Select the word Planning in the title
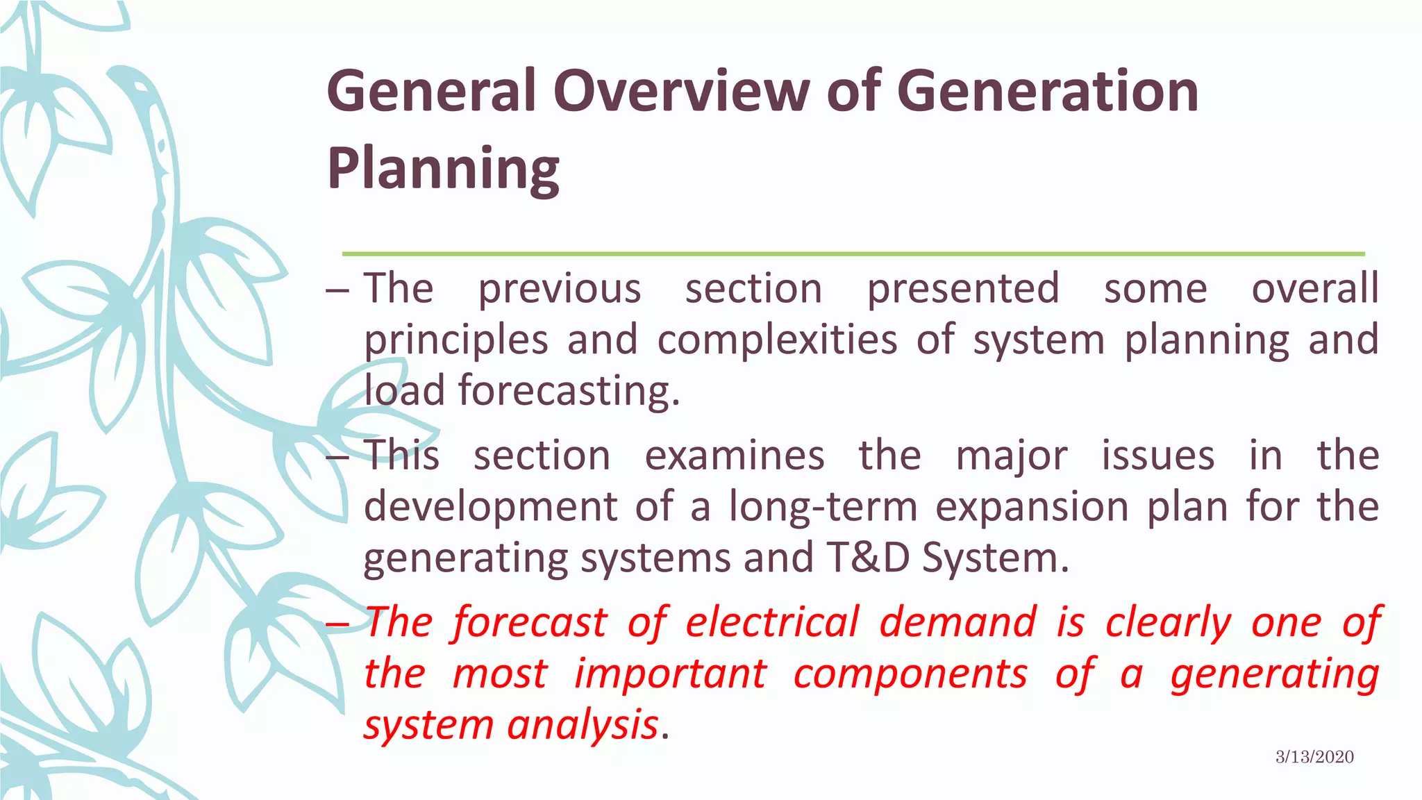pyautogui.click(x=443, y=169)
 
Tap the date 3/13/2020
pyautogui.click(x=1314, y=757)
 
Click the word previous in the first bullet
pyautogui.click(x=560, y=289)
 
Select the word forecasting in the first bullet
pyautogui.click(x=568, y=391)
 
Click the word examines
pyautogui.click(x=735, y=456)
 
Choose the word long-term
pyautogui.click(x=823, y=507)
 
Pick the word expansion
pyautogui.click(x=1032, y=507)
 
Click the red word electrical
pyautogui.click(x=772, y=622)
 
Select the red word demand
pyautogui.click(x=958, y=622)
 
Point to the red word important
pyautogui.click(x=670, y=674)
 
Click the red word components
pyautogui.click(x=910, y=674)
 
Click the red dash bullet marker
pyautogui.click(x=337, y=624)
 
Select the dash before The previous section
pyautogui.click(x=337, y=290)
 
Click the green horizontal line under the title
pyautogui.click(x=853, y=254)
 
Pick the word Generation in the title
pyautogui.click(x=1048, y=92)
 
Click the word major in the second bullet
pyautogui.click(x=1012, y=456)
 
